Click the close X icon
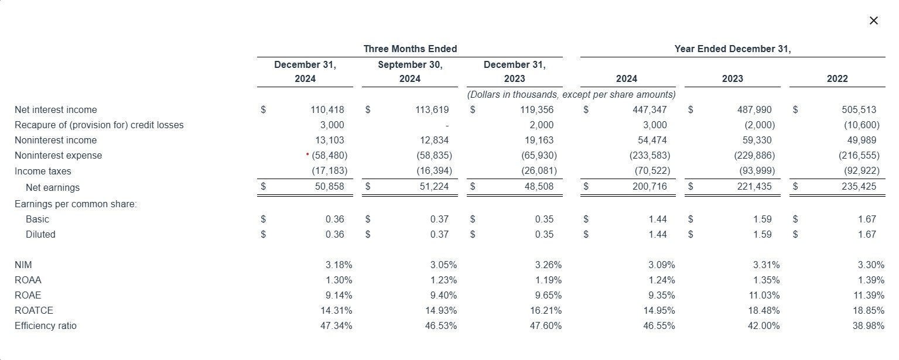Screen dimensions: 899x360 coord(874,20)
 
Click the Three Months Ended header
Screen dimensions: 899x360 coord(410,49)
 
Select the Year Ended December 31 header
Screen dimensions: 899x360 coord(733,49)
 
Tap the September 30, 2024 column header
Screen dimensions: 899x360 coord(410,71)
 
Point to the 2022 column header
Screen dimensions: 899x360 coord(837,78)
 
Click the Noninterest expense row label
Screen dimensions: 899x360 coord(58,155)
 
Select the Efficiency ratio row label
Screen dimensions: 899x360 coord(45,325)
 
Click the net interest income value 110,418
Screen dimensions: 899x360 coord(327,109)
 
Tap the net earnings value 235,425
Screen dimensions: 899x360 coord(859,186)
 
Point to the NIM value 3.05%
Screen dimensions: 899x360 coord(443,265)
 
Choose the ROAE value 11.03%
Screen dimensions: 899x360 coord(764,296)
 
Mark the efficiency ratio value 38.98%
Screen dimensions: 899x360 coord(869,325)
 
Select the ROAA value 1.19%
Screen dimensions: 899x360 coord(548,280)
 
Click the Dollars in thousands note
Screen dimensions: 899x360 coord(571,95)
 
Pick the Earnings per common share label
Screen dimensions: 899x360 coord(76,204)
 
